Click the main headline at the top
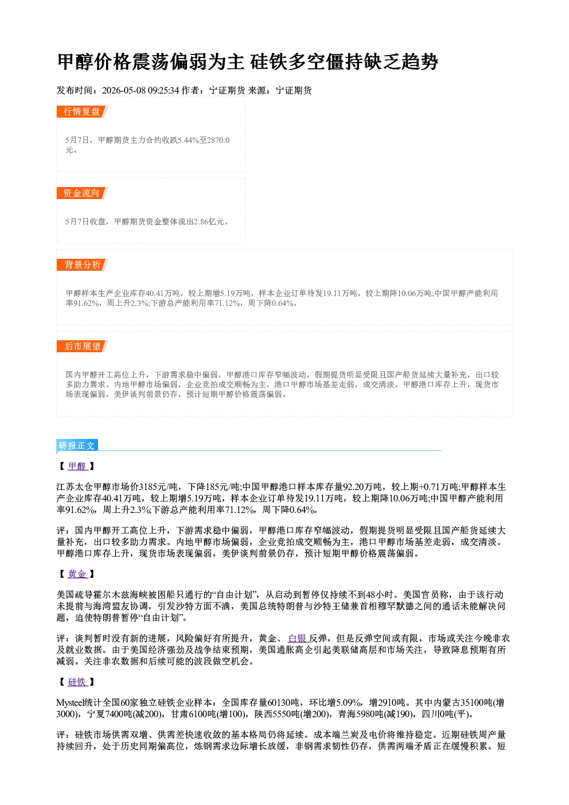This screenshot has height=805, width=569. click(247, 62)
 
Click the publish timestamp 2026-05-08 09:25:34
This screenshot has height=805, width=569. click(141, 90)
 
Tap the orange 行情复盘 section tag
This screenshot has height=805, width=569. click(81, 111)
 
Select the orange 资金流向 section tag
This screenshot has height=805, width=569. click(81, 193)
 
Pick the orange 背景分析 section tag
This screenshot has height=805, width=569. click(81, 265)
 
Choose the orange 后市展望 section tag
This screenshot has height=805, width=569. click(81, 346)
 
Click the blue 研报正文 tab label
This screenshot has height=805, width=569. click(77, 446)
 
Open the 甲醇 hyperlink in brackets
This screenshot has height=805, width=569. click(77, 466)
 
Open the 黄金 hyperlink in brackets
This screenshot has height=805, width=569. click(77, 574)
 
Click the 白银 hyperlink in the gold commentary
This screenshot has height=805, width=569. click(298, 638)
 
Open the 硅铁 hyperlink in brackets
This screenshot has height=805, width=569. click(77, 682)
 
